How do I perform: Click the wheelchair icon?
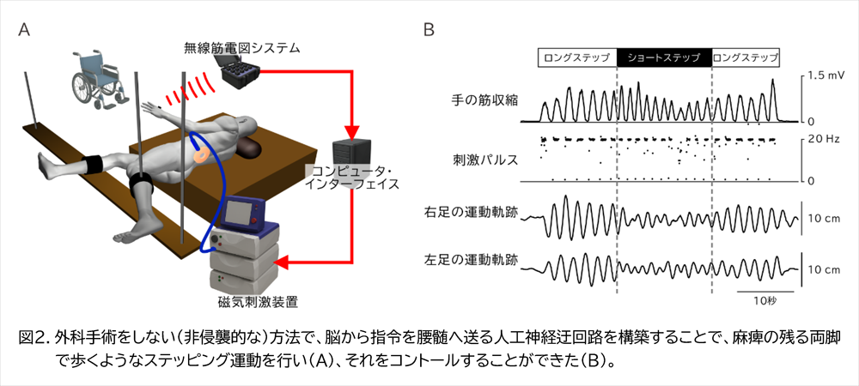tap(94, 78)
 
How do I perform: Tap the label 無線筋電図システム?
tap(242, 48)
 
